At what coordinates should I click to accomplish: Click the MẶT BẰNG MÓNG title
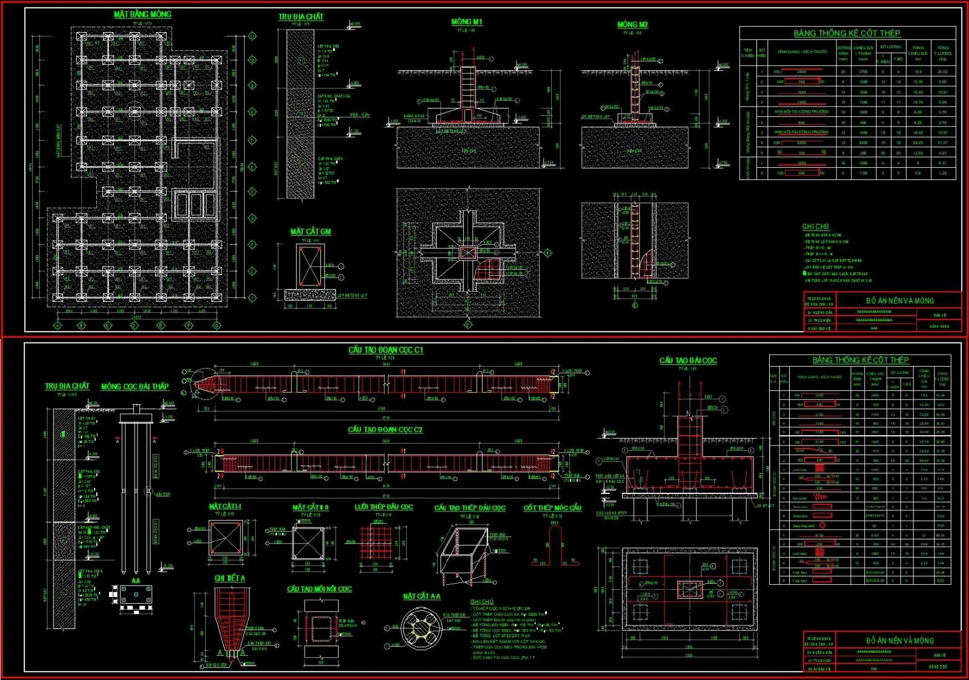point(142,14)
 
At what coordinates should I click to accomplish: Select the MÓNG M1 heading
point(466,22)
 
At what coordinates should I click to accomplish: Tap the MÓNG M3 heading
point(632,24)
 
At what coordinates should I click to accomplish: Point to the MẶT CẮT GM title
point(310,232)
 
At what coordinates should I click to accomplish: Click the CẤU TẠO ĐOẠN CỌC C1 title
point(385,350)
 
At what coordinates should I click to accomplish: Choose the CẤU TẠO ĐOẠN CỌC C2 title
point(385,429)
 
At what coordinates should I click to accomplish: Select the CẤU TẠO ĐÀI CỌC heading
point(687,361)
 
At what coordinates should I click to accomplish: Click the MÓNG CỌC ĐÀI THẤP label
point(134,386)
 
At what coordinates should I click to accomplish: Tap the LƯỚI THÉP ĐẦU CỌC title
point(383,507)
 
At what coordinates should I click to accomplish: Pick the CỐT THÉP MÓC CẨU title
point(552,507)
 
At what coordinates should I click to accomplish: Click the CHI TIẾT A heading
point(230,578)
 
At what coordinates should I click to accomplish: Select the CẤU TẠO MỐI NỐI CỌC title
point(319,588)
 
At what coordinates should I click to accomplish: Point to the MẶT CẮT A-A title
point(422,596)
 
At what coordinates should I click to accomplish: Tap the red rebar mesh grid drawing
point(376,542)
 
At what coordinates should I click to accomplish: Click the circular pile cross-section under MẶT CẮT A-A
point(422,630)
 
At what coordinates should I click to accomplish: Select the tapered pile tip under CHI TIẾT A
point(230,624)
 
